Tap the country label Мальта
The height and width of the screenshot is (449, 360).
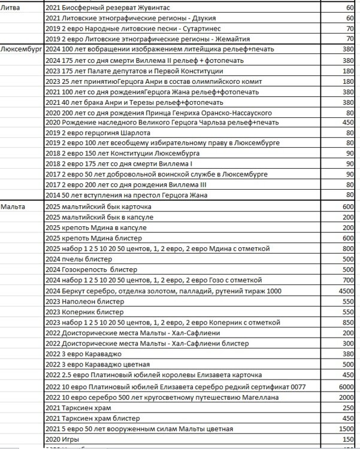point(13,206)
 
